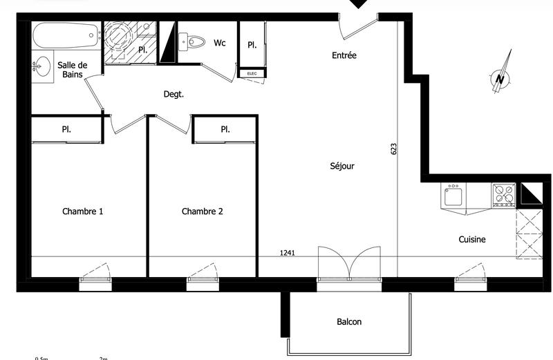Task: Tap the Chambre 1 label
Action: coord(82,211)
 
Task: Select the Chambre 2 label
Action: coord(202,211)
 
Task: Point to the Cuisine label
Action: coord(472,240)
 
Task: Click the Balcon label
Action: coord(349,321)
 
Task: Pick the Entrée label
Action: coord(344,55)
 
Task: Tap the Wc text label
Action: coord(220,43)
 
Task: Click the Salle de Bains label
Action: coord(73,69)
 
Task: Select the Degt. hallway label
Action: coord(174,95)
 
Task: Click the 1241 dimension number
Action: coord(288,253)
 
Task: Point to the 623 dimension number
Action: coord(393,149)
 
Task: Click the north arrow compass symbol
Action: coord(502,73)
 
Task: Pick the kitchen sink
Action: coord(453,196)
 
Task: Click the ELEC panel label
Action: coord(247,73)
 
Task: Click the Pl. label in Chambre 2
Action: coord(225,129)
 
